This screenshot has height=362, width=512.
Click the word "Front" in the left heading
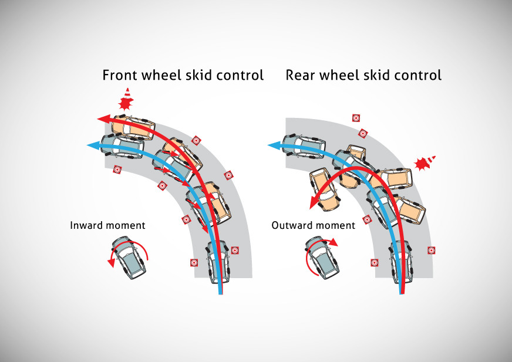click(121, 75)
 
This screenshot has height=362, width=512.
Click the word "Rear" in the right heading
click(300, 75)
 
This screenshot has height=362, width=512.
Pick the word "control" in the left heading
click(240, 75)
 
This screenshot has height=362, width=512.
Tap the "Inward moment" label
click(107, 225)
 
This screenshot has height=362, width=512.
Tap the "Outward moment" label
click(313, 225)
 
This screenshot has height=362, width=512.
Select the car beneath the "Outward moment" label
click(321, 259)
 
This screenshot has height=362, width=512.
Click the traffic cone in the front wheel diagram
click(125, 99)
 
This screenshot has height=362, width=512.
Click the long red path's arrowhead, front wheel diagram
click(103, 119)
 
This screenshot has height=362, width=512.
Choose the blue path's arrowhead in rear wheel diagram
click(272, 144)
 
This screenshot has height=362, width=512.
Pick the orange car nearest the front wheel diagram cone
click(134, 126)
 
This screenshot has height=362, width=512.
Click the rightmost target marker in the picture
click(432, 250)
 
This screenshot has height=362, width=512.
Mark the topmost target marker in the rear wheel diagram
click(355, 118)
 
